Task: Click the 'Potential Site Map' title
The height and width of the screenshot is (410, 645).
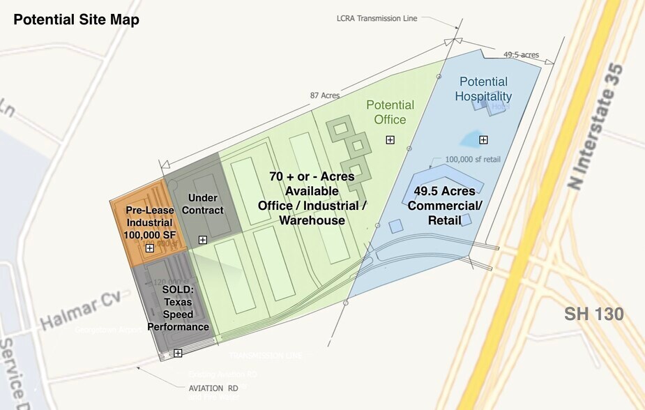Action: (x=77, y=20)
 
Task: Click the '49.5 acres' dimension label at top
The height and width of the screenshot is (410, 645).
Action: (x=521, y=54)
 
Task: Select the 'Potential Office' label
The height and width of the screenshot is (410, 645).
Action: (x=390, y=112)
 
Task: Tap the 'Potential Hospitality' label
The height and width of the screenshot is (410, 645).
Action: (x=483, y=89)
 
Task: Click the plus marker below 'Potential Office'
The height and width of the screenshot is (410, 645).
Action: (x=390, y=140)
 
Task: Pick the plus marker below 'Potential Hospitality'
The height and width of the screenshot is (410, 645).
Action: (x=484, y=140)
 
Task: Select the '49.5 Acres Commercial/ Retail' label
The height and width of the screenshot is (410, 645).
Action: (x=444, y=205)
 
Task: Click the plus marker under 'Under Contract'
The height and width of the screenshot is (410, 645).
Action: (x=202, y=240)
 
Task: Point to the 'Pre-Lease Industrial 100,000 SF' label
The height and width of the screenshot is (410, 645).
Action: (x=150, y=222)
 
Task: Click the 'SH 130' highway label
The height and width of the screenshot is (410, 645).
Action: (x=594, y=314)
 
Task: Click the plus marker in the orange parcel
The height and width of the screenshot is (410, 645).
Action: (x=149, y=248)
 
